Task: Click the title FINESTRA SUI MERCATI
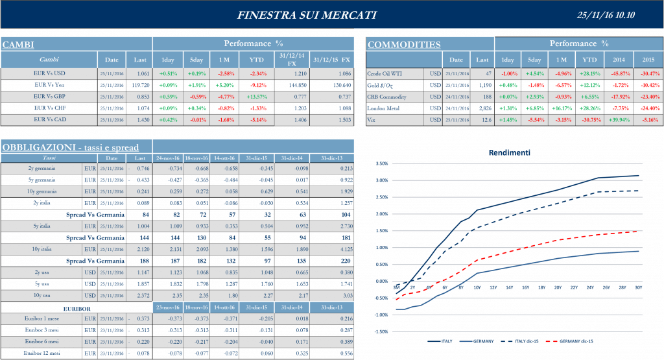306,15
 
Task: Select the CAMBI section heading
18,45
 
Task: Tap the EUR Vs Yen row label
49,85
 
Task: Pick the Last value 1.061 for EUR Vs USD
143,73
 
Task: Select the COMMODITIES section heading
404,45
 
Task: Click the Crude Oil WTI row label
386,74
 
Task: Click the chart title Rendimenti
509,153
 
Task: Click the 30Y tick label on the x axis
638,287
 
